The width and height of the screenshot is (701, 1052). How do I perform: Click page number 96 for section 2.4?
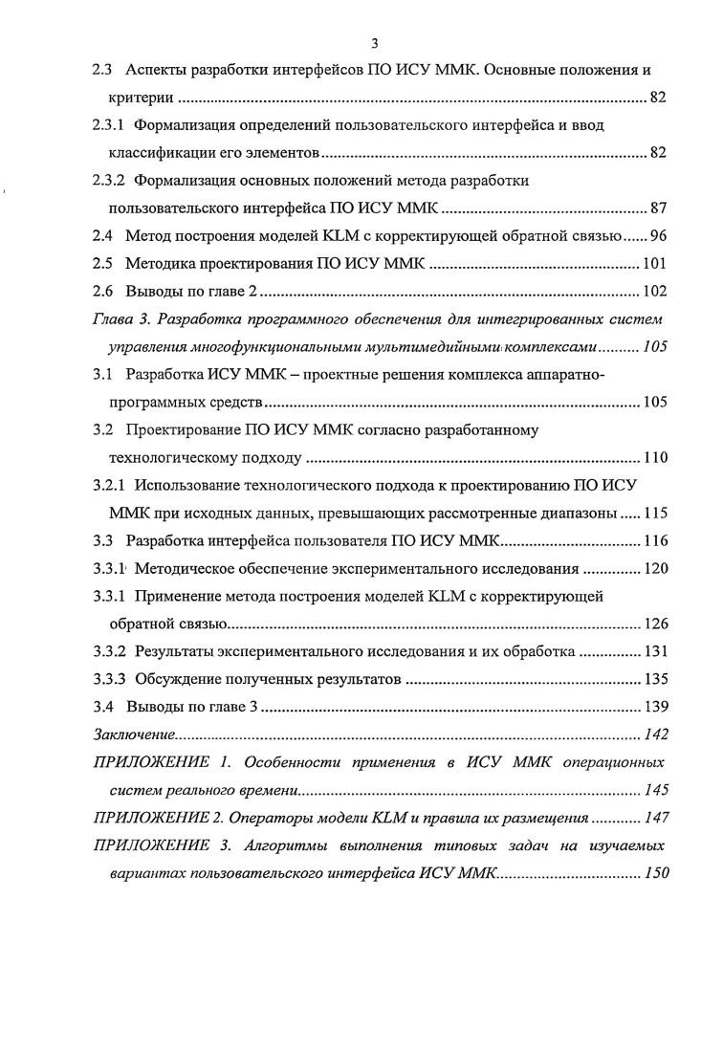click(x=658, y=236)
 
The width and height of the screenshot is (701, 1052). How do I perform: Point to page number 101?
click(x=654, y=265)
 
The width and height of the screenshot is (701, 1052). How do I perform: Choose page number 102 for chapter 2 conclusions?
click(x=654, y=293)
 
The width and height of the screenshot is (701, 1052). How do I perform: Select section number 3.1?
click(x=103, y=375)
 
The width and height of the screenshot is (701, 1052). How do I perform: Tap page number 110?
click(x=654, y=457)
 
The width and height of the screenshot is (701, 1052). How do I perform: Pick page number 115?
click(x=654, y=513)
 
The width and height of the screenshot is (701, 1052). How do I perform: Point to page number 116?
click(x=654, y=541)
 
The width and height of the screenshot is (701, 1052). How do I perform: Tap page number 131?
click(x=654, y=653)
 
